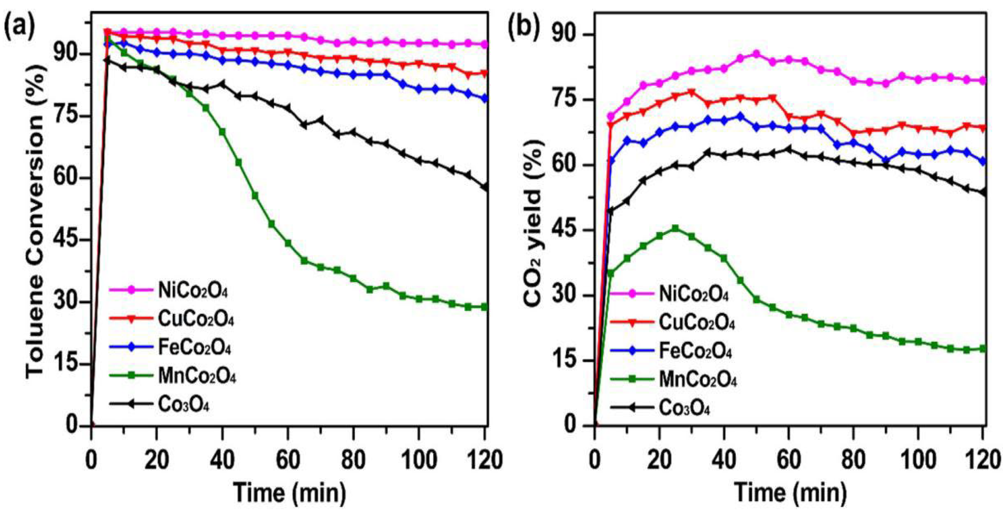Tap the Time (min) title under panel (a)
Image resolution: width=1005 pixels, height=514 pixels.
pos(290,493)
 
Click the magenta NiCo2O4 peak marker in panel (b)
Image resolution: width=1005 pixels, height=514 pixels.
pos(756,54)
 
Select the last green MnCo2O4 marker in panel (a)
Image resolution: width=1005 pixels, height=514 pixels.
pos(485,307)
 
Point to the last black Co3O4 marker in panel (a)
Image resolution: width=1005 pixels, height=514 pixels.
pos(485,187)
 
